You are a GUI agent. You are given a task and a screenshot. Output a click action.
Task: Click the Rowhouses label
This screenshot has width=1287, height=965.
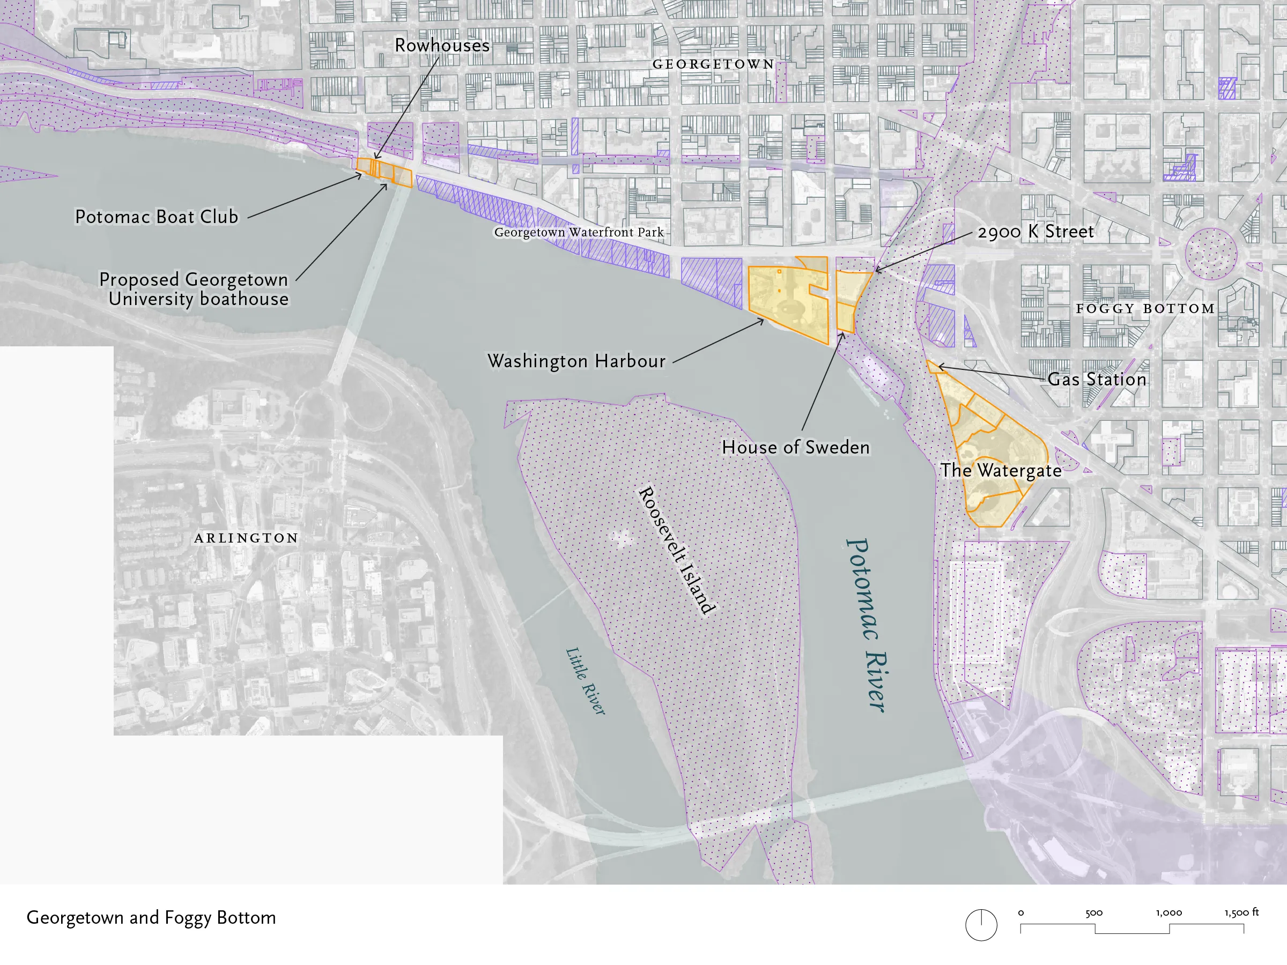pos(442,46)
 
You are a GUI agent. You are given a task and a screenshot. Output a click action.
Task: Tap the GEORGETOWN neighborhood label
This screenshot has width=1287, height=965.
pos(713,64)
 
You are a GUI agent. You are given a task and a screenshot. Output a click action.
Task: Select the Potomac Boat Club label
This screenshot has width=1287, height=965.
pos(157,217)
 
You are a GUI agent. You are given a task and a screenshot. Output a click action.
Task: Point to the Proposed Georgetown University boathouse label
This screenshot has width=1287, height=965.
pos(194,289)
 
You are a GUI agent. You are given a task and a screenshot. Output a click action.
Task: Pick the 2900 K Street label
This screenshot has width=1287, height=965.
pos(1035,232)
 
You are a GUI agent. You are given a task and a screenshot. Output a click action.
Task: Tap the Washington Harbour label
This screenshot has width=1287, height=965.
pos(576,361)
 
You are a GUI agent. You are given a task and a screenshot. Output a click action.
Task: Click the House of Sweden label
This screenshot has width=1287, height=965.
pos(795,447)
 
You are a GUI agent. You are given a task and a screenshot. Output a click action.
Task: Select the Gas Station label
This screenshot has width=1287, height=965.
pos(1097,379)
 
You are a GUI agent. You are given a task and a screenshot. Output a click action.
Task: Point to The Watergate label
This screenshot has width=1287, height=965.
pos(1001,470)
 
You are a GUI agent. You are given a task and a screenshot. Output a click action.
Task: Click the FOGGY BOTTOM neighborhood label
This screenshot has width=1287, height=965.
pos(1145,308)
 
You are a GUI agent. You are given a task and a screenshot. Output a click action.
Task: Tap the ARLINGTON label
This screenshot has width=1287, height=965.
pos(246,538)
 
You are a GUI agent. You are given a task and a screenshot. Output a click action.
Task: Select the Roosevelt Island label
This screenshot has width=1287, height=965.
pos(676,550)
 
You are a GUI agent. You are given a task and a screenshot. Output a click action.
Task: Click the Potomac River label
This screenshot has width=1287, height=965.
pos(867,625)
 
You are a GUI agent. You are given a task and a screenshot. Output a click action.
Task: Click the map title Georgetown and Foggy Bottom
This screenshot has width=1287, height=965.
pos(151,917)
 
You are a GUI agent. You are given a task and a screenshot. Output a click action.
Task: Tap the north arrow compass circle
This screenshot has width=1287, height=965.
pos(981,924)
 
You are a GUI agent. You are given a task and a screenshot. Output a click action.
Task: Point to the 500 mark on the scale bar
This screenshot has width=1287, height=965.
pos(1094,913)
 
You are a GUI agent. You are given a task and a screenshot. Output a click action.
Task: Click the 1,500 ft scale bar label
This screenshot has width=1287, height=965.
pos(1241,912)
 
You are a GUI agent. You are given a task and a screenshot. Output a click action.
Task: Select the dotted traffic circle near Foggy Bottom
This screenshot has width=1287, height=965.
pos(1211,254)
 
